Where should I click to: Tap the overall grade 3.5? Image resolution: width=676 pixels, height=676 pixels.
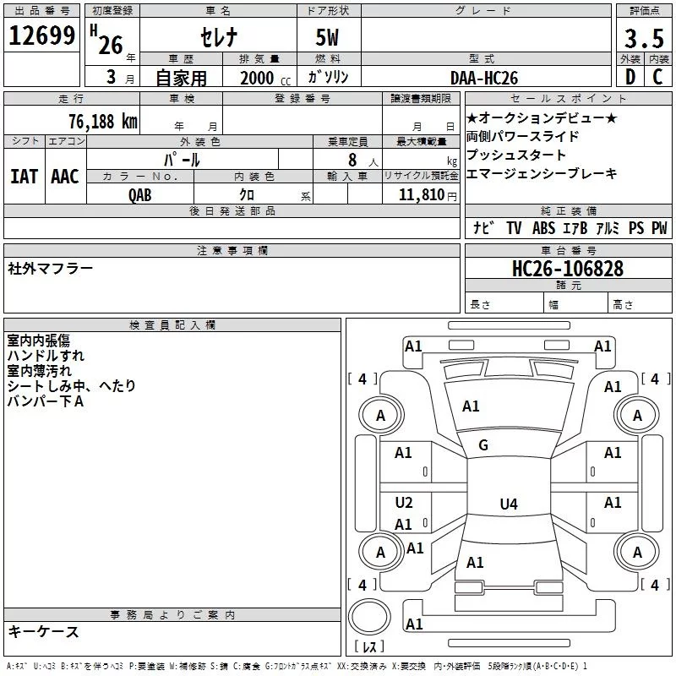tap(642, 40)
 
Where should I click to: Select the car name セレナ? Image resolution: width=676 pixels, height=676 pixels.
tap(217, 37)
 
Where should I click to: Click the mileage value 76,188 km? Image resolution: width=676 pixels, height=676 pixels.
tap(102, 121)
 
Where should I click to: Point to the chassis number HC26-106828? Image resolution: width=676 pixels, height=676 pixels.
tap(568, 269)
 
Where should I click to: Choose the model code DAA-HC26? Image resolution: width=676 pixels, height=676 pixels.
tap(483, 77)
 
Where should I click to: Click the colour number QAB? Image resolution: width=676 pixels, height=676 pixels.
tap(141, 195)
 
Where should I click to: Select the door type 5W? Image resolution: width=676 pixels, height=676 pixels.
tap(329, 37)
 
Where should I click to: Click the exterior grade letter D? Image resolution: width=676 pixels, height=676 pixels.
tap(630, 77)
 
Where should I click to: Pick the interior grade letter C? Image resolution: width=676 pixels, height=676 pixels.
tap(657, 77)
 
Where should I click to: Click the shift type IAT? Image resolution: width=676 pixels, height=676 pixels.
tap(24, 177)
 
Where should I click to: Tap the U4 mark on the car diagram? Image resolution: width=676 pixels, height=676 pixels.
tap(508, 504)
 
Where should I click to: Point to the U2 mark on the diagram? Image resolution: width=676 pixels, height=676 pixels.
tap(404, 503)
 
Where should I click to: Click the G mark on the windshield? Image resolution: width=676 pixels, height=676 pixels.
tap(483, 445)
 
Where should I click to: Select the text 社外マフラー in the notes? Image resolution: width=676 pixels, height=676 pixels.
tap(51, 269)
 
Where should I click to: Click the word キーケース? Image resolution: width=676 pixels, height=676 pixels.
tap(44, 631)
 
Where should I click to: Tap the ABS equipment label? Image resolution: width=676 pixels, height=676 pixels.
tap(543, 228)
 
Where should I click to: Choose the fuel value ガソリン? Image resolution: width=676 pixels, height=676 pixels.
tap(329, 77)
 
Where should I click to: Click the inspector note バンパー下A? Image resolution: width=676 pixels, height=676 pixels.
tap(46, 401)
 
